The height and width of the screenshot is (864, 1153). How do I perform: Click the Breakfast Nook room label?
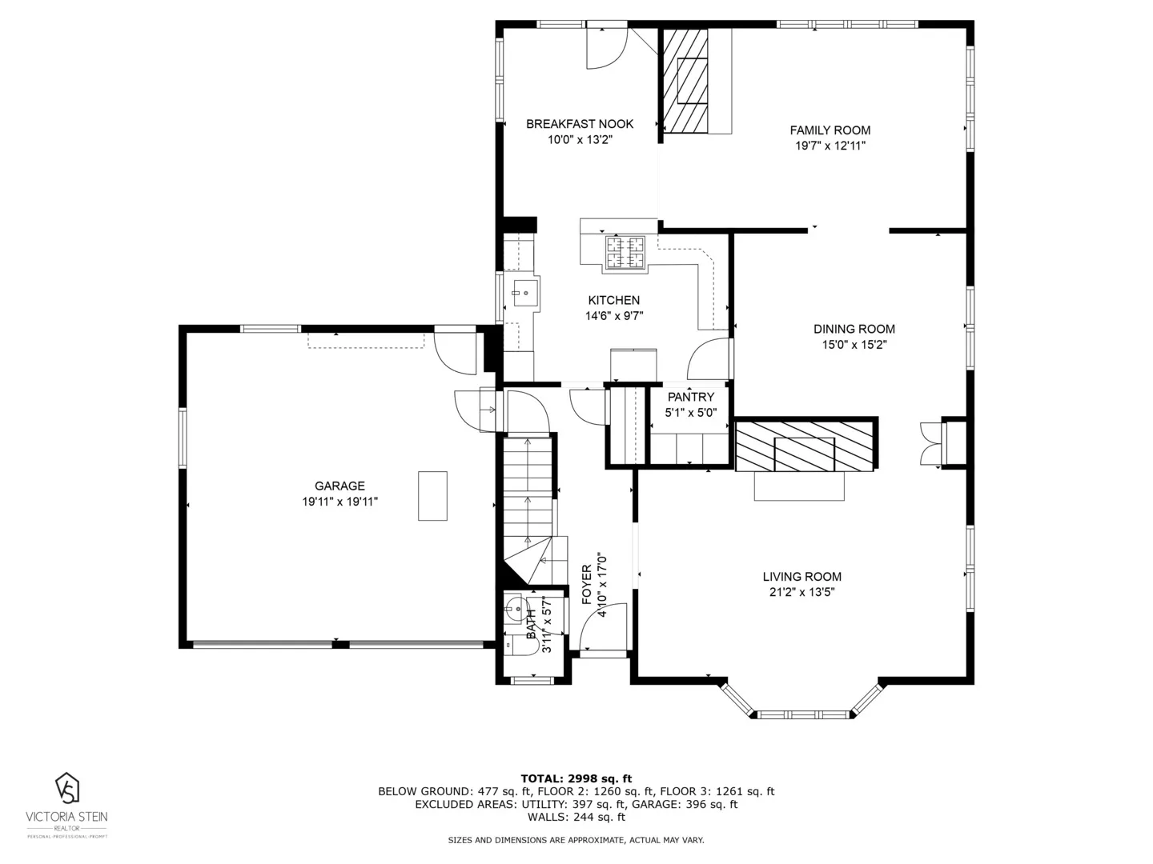tap(579, 123)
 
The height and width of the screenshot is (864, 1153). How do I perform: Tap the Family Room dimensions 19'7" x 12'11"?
tap(830, 146)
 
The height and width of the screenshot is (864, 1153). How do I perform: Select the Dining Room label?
tap(854, 329)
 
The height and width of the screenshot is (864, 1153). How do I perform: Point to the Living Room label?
tap(801, 576)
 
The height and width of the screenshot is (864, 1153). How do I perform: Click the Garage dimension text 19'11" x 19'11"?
tap(339, 502)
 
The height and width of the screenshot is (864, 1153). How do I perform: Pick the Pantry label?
tap(690, 397)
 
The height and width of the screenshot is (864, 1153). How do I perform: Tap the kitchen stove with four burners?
tap(625, 252)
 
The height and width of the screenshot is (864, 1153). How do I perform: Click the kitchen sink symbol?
tap(524, 293)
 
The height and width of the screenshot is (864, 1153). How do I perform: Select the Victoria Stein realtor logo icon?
tap(67, 788)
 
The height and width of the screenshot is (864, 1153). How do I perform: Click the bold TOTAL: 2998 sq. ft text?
tap(576, 778)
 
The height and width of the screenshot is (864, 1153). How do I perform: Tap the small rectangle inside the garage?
tap(432, 496)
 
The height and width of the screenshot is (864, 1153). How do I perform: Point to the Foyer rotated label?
tap(587, 584)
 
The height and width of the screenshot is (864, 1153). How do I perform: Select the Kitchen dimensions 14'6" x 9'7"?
tap(614, 316)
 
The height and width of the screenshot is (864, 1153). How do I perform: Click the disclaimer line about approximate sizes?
tap(576, 840)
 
